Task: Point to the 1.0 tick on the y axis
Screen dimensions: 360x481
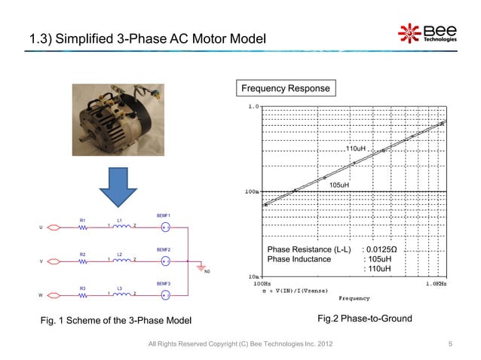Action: click(x=254, y=107)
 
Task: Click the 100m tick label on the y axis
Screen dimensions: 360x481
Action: click(x=252, y=191)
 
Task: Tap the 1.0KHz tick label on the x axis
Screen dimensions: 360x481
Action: click(x=435, y=283)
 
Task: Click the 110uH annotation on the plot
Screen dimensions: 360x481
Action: click(x=355, y=149)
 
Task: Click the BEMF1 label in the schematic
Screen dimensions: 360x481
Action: click(x=164, y=215)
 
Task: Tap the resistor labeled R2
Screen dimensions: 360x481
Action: click(x=84, y=261)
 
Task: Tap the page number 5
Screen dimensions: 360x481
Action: click(x=449, y=345)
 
